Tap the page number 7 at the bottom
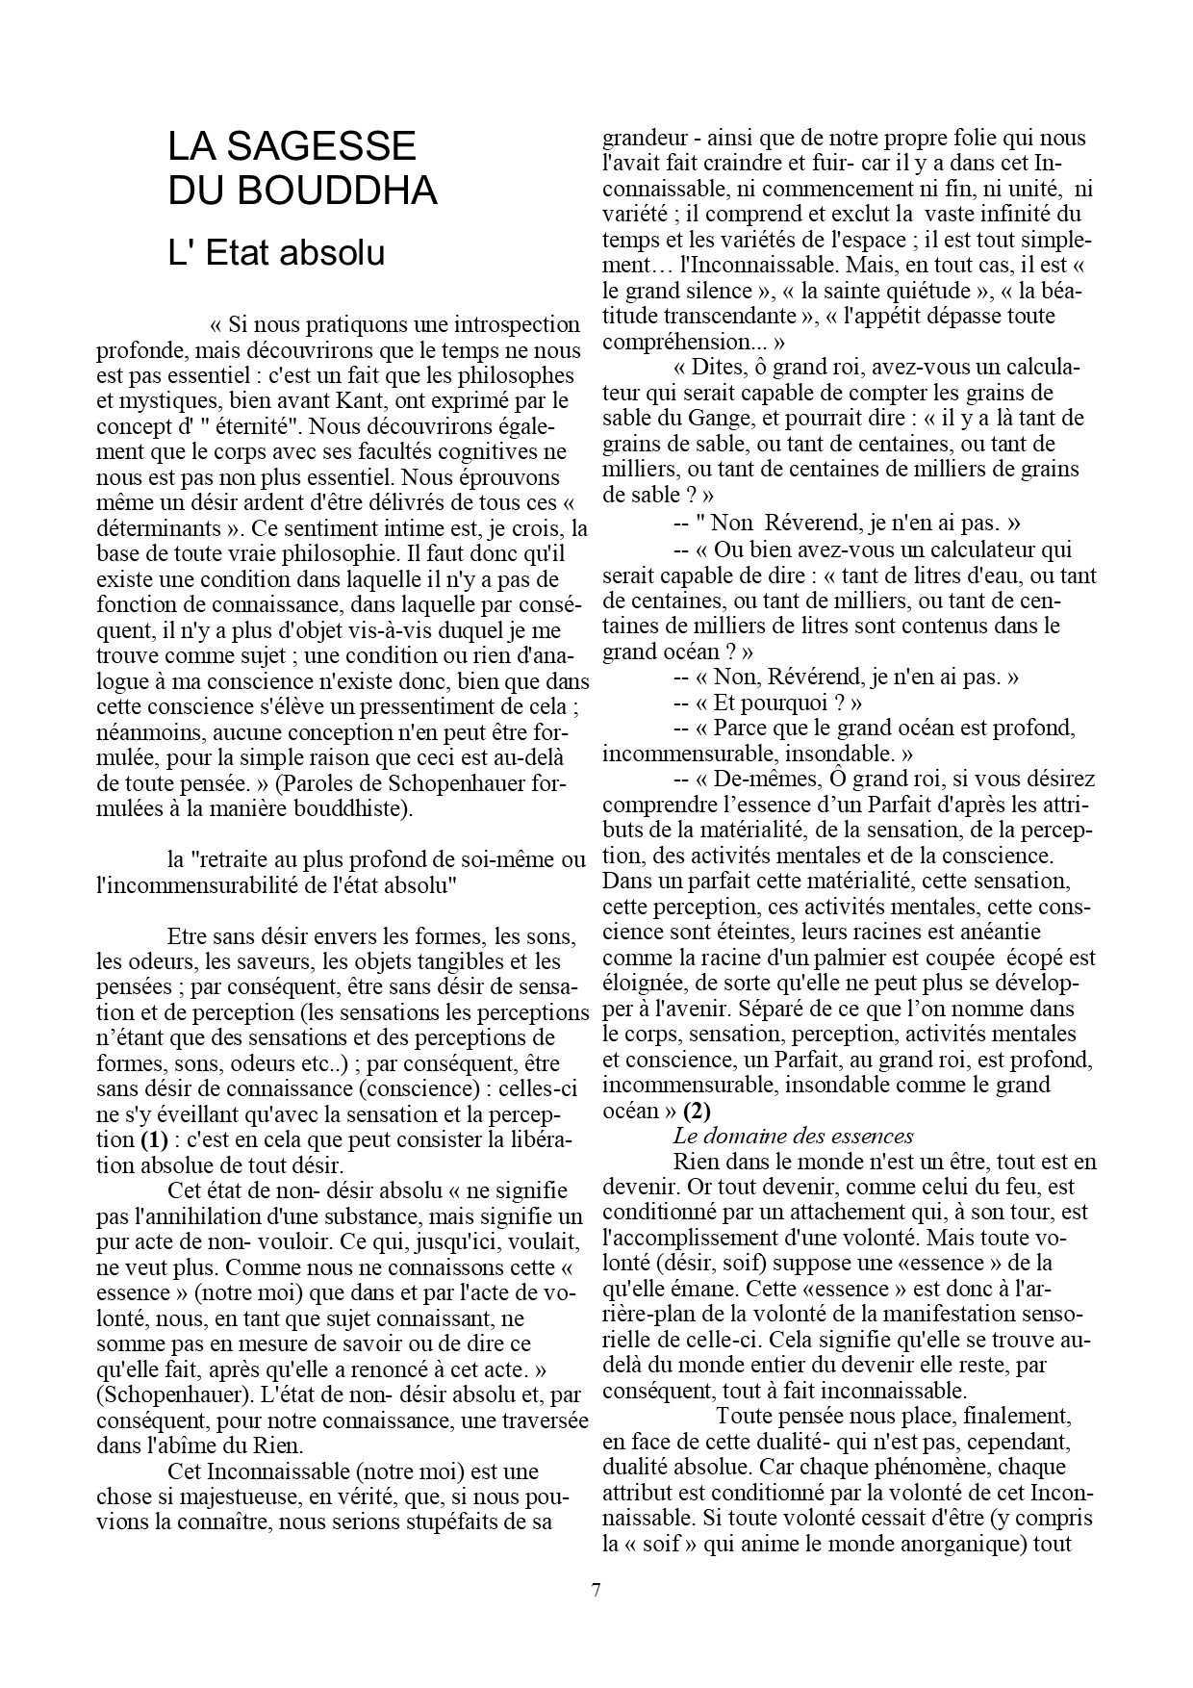[x=596, y=1590]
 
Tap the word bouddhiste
[x=355, y=808]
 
